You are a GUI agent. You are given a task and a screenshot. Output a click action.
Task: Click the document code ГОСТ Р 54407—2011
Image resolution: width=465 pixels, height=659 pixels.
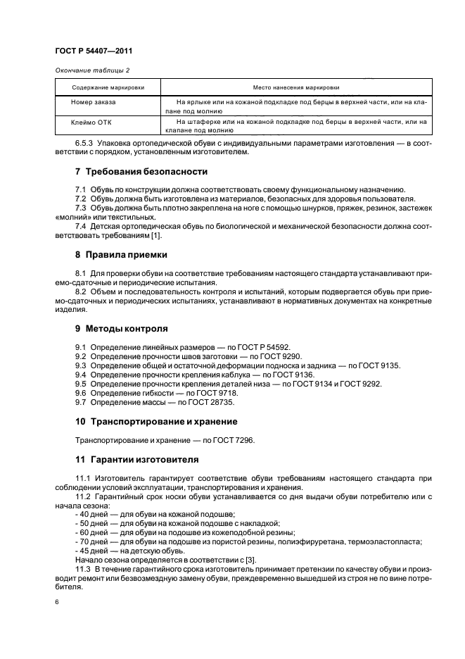(x=94, y=51)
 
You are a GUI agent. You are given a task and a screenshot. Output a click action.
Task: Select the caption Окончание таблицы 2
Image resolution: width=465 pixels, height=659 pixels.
(x=91, y=70)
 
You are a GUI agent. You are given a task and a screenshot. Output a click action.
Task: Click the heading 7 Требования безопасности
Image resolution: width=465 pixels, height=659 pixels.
(x=141, y=172)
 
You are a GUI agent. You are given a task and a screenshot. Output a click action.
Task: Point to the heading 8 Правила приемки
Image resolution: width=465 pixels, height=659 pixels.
(x=121, y=254)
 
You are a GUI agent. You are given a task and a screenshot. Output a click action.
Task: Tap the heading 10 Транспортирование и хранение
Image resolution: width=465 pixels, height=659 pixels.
(x=156, y=421)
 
